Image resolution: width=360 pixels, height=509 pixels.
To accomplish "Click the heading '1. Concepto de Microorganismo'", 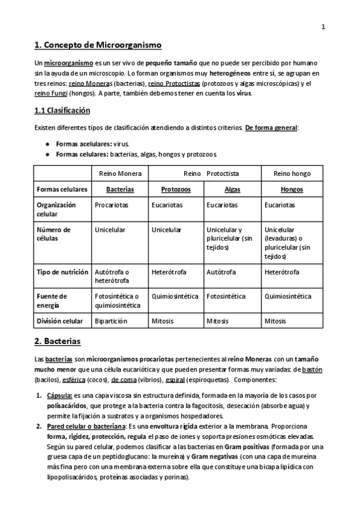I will (98, 45).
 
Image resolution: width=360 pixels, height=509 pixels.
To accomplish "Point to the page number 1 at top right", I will (323, 26).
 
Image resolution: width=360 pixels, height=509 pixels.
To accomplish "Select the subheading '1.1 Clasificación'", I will (62, 110).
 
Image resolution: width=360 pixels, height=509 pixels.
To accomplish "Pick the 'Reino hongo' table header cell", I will (292, 173).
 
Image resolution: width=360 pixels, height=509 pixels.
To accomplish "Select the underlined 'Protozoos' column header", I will (176, 189).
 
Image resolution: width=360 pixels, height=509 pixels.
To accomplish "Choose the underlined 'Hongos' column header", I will (292, 189).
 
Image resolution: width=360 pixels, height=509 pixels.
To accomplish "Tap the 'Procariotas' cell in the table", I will (111, 205).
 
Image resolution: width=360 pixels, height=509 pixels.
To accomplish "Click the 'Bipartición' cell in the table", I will (111, 321).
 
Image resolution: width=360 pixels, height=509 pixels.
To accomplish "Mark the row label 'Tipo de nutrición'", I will (61, 272).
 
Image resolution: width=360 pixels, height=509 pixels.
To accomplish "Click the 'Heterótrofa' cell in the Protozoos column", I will (169, 272).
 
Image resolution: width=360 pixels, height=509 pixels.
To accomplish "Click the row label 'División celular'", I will (60, 321).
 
